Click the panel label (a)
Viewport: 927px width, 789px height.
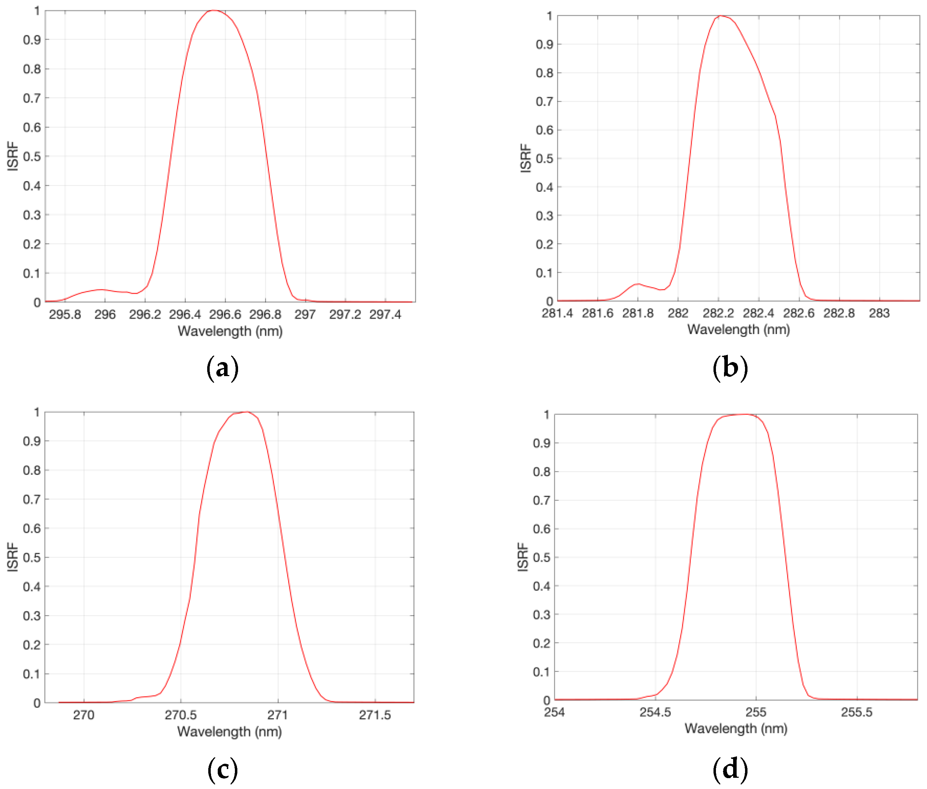(222, 368)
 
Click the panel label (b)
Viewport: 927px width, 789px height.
(730, 368)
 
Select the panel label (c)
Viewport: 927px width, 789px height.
(222, 769)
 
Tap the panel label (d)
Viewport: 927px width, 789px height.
(730, 769)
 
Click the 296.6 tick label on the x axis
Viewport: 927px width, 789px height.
(225, 314)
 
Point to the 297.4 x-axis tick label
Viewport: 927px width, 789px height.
(385, 314)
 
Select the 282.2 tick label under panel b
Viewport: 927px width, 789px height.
(718, 313)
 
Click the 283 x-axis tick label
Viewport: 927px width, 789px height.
(879, 313)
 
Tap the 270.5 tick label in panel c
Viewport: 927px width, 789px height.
(181, 715)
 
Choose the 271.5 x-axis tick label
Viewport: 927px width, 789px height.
(375, 715)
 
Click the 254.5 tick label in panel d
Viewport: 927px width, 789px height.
(655, 712)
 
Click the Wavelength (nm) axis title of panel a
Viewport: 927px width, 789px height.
(230, 332)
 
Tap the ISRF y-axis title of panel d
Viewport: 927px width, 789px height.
(522, 557)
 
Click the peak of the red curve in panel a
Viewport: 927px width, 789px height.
(214, 10)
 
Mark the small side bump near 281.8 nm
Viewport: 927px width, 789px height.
(637, 284)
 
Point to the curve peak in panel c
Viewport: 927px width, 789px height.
(246, 412)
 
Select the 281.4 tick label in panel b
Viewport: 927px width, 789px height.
(557, 313)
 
